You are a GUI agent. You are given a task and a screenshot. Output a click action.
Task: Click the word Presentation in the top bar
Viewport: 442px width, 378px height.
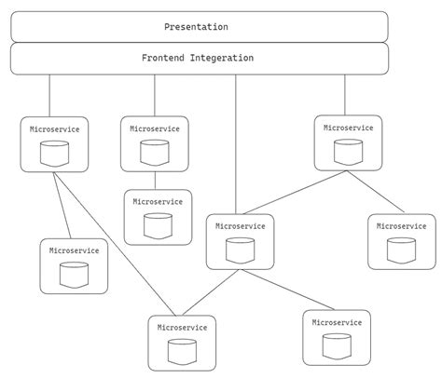[x=196, y=27]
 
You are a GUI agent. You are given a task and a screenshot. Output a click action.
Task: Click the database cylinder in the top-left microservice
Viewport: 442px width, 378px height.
[x=54, y=153]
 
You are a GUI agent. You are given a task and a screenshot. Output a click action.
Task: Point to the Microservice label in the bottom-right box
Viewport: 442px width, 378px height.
[x=337, y=322]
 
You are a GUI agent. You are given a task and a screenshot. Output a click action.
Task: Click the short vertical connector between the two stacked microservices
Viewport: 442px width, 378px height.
[x=155, y=181]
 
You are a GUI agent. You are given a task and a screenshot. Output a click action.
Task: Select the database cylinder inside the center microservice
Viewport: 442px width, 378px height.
[x=240, y=250]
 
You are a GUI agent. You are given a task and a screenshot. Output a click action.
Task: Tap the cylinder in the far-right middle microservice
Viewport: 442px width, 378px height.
[x=401, y=250]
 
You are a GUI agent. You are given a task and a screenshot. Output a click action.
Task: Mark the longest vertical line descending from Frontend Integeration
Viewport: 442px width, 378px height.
[x=235, y=144]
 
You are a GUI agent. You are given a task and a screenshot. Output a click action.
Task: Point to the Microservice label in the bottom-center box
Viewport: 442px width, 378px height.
[x=181, y=328]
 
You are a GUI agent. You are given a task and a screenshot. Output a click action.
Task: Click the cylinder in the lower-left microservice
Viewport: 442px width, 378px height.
[x=74, y=274]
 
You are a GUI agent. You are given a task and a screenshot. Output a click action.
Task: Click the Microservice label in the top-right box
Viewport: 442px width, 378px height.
[x=348, y=128]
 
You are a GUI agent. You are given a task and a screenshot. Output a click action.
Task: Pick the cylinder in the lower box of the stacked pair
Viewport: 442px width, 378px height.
[x=158, y=224]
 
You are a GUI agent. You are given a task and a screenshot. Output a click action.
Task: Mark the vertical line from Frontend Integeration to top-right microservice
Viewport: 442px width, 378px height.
[x=345, y=94]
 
